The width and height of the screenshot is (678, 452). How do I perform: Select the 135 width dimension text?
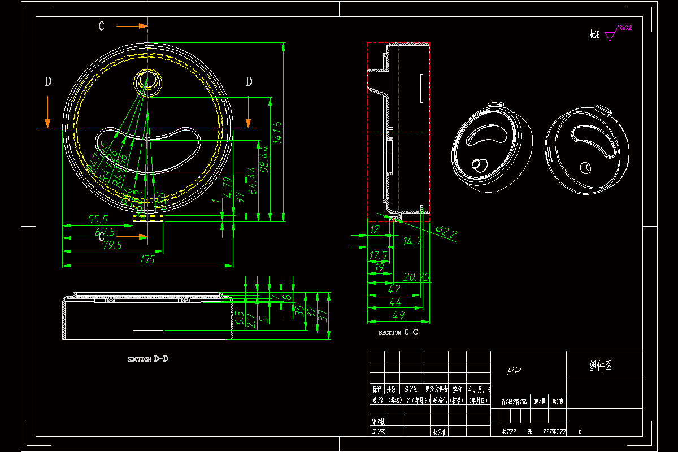click(x=147, y=260)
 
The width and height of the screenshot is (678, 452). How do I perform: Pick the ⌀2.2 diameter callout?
click(x=446, y=232)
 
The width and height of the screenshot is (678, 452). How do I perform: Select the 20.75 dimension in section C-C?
click(x=416, y=277)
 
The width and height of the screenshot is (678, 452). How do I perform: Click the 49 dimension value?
click(x=398, y=315)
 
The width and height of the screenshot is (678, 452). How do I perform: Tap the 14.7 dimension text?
click(x=412, y=241)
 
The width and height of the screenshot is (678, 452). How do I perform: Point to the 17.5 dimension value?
click(x=378, y=255)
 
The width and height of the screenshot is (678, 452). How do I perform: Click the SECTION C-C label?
click(x=398, y=333)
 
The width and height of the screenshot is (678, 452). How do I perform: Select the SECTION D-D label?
click(x=147, y=359)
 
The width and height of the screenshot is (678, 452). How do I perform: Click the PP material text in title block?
click(x=514, y=371)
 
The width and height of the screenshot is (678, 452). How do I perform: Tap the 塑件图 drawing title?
click(x=600, y=366)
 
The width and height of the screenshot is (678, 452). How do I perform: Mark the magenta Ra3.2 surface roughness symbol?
click(x=618, y=32)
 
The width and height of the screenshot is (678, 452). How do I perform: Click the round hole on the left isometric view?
click(x=478, y=164)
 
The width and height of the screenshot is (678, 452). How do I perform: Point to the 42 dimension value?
click(x=394, y=289)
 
